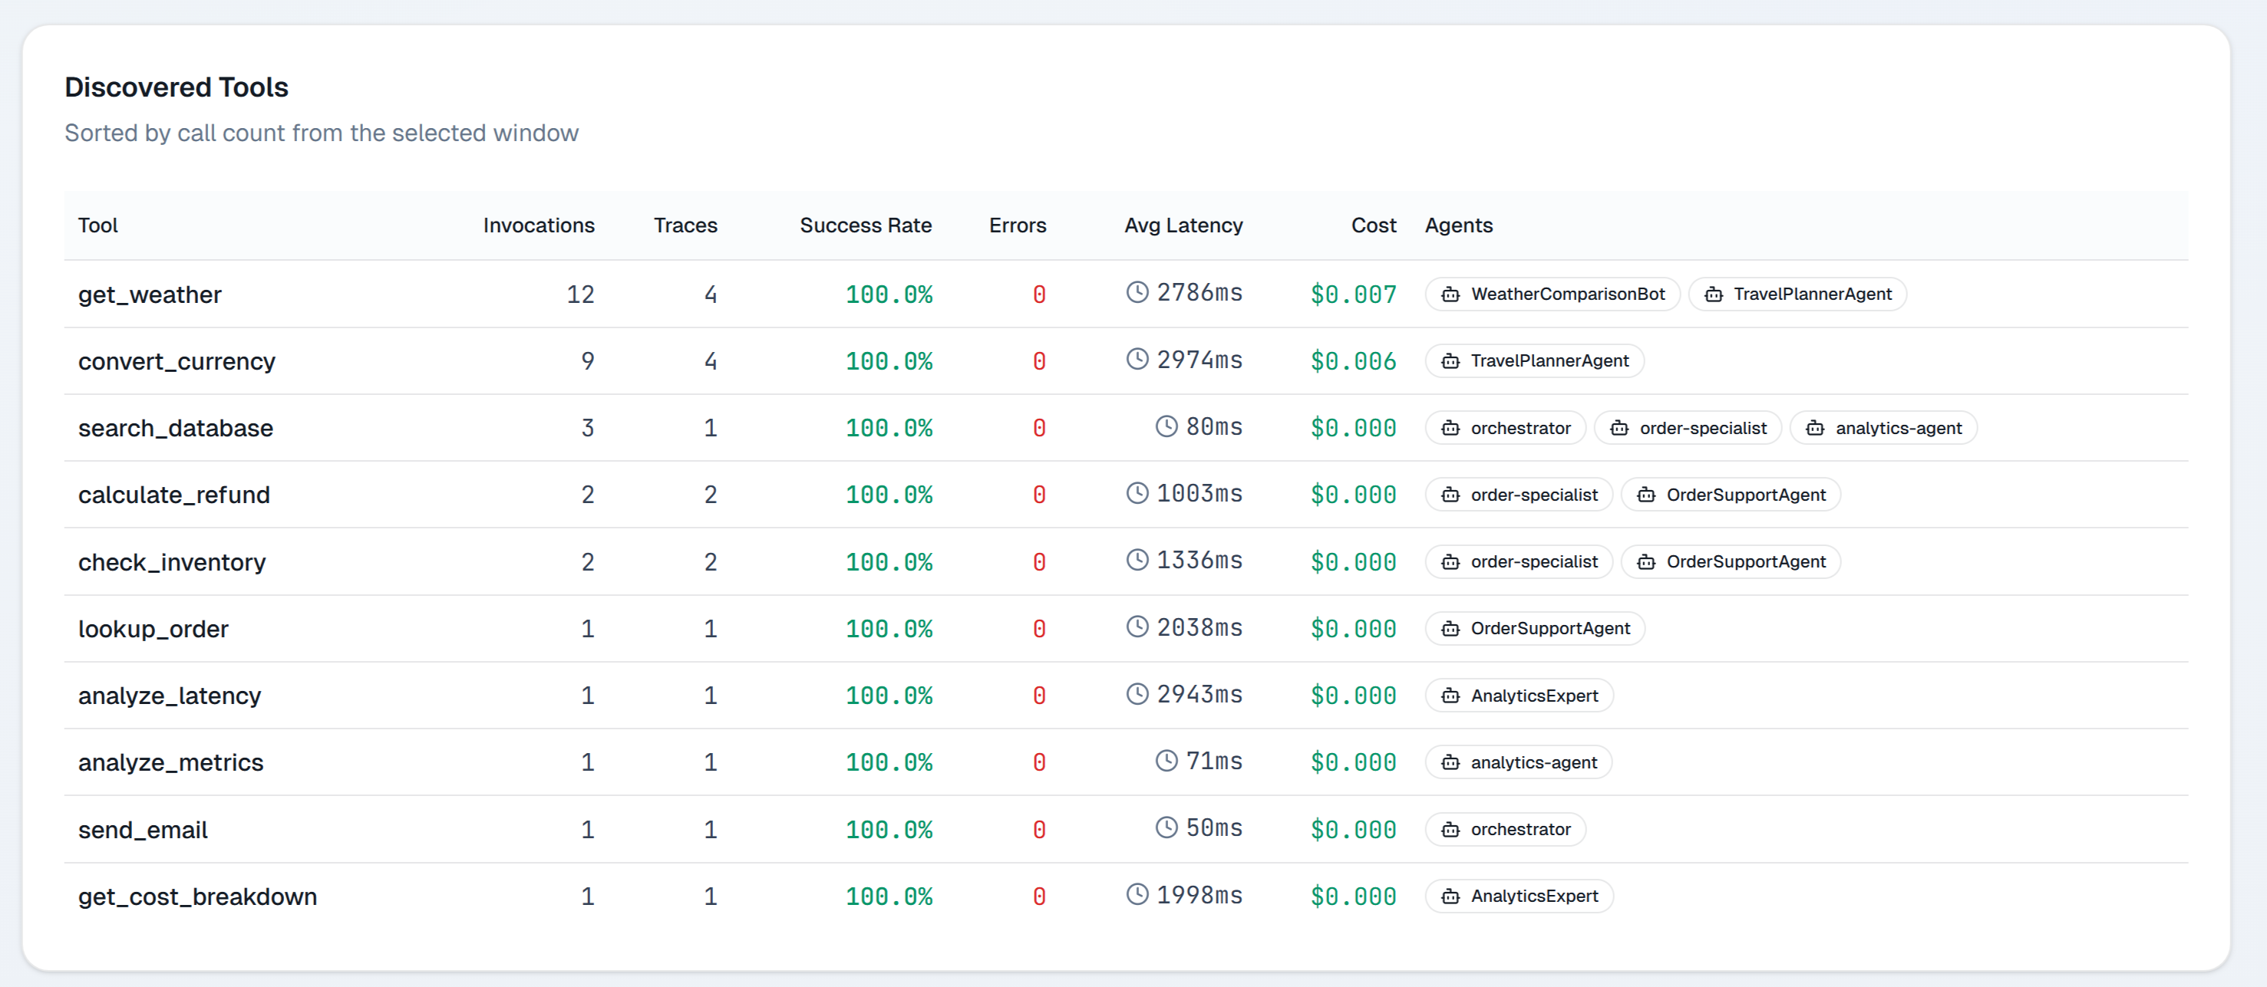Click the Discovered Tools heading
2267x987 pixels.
coord(176,87)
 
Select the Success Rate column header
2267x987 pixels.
coord(865,225)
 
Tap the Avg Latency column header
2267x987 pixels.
coord(1183,225)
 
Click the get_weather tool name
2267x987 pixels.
coord(150,294)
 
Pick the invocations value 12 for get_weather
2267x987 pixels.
coord(580,294)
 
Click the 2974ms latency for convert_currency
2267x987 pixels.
coord(1199,360)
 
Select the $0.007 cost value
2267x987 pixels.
coord(1353,294)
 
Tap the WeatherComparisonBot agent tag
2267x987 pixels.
coord(1553,294)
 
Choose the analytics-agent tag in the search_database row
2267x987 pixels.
coord(1883,429)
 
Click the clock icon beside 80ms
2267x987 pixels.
coord(1166,426)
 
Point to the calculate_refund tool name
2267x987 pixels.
coord(174,495)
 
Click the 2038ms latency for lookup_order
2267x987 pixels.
coord(1199,628)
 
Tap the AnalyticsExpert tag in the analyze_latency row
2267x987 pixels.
coord(1519,696)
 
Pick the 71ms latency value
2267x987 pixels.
coord(1213,762)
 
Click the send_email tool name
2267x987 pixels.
coord(143,830)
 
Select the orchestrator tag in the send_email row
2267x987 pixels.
coord(1505,830)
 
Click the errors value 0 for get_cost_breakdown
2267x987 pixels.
coord(1038,897)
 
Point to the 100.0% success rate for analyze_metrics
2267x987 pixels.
coord(888,762)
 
